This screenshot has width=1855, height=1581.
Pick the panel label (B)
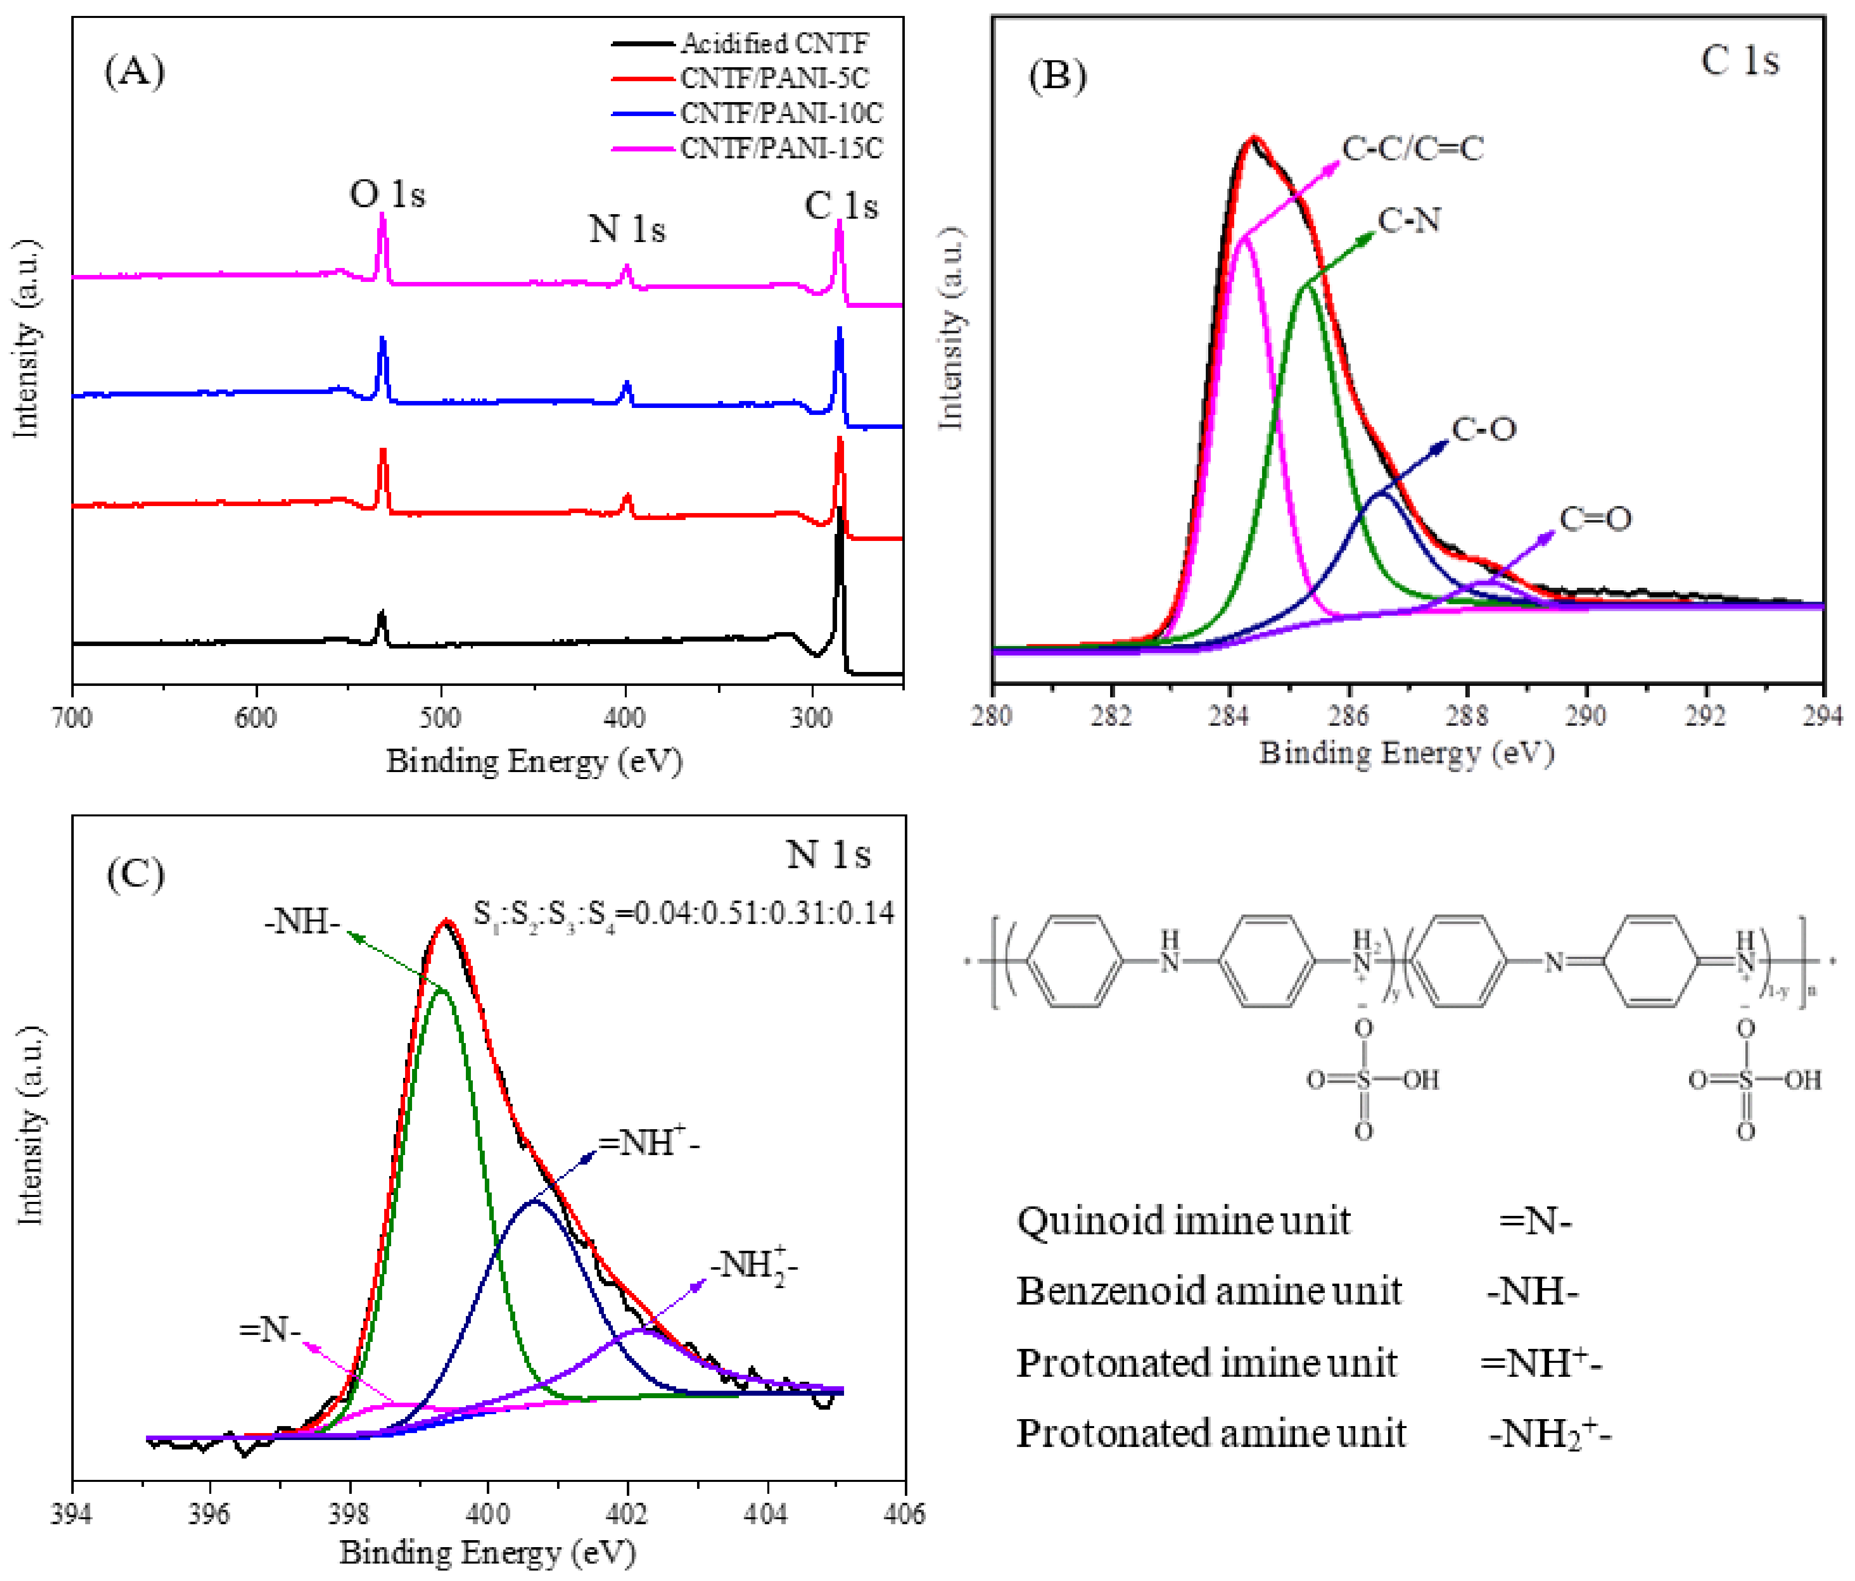pos(1057,76)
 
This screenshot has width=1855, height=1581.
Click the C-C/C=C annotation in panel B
pos(1413,148)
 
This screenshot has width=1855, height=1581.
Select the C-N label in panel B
pos(1409,220)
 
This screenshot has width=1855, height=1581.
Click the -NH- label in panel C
pos(302,921)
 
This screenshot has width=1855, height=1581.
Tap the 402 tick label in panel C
pos(627,1514)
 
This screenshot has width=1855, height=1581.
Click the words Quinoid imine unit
pos(1183,1221)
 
